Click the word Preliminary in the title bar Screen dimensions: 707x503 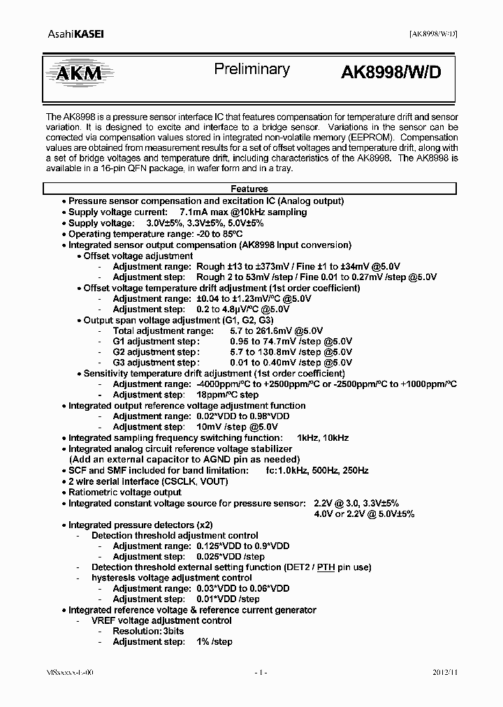[x=251, y=69]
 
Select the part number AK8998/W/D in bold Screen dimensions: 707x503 [x=391, y=73]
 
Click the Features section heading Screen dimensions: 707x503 [x=249, y=189]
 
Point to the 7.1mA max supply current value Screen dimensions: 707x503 [x=208, y=212]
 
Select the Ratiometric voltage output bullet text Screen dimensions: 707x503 [x=124, y=492]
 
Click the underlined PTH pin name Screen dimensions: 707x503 [x=326, y=567]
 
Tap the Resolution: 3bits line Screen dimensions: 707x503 [x=149, y=631]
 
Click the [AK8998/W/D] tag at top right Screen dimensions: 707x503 [x=432, y=34]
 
